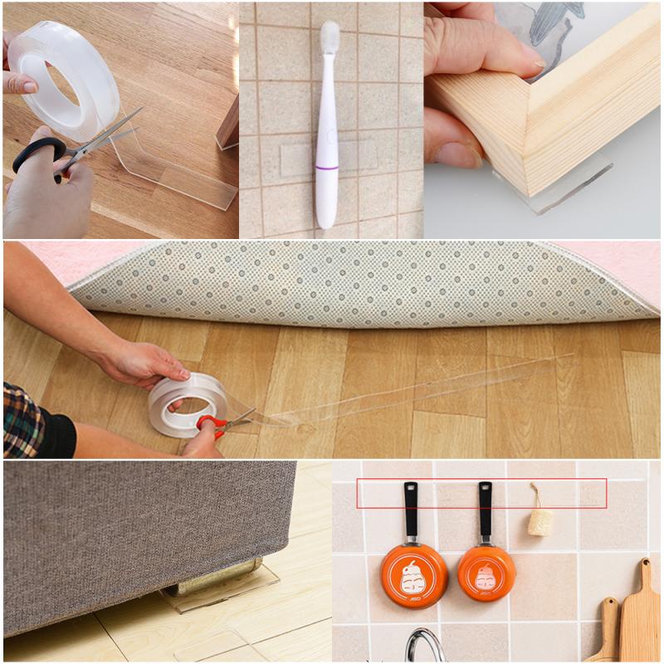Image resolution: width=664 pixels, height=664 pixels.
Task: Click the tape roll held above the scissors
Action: click(62, 79)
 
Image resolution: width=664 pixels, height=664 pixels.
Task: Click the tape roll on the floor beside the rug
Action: click(187, 404)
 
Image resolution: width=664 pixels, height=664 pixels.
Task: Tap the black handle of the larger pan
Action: click(411, 510)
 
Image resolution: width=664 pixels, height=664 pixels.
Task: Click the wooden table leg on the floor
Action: click(227, 124)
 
